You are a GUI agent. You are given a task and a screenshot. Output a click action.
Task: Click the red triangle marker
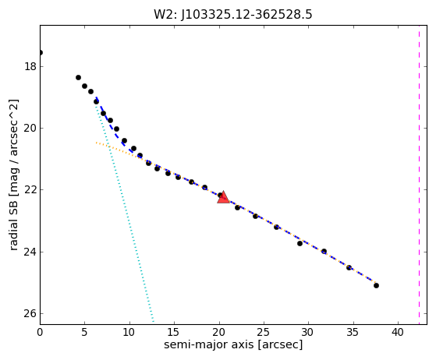pyautogui.click(x=223, y=197)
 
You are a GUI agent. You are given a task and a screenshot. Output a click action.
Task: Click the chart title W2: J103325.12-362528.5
pyautogui.click(x=233, y=15)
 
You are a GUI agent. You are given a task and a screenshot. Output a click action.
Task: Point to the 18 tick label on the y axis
pyautogui.click(x=30, y=67)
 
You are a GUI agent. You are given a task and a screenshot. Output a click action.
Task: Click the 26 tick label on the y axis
pyautogui.click(x=30, y=313)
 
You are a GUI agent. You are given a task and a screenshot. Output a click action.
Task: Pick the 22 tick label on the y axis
pyautogui.click(x=30, y=189)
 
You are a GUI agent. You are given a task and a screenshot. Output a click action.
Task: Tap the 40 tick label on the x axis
pyautogui.click(x=398, y=332)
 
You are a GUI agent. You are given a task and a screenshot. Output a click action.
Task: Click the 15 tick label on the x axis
pyautogui.click(x=174, y=332)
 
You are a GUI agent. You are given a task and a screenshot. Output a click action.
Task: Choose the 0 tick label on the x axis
pyautogui.click(x=40, y=332)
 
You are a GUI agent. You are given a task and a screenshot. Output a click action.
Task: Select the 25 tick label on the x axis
pyautogui.click(x=264, y=332)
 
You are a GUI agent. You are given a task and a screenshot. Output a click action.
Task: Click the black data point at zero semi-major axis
pyautogui.click(x=41, y=52)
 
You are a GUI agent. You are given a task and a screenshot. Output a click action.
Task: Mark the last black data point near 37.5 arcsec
pyautogui.click(x=376, y=285)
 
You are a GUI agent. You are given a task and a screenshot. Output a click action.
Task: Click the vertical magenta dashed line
pyautogui.click(x=420, y=175)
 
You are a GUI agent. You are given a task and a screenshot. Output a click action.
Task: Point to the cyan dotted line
pyautogui.click(x=125, y=214)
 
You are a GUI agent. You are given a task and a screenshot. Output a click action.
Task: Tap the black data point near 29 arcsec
pyautogui.click(x=300, y=243)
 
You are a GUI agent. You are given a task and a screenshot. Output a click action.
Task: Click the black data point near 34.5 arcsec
pyautogui.click(x=349, y=267)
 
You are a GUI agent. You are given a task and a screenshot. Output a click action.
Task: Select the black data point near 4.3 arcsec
pyautogui.click(x=79, y=77)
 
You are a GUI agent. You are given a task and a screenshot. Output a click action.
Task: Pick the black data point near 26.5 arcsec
pyautogui.click(x=276, y=227)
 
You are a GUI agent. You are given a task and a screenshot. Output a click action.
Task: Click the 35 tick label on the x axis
pyautogui.click(x=353, y=332)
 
